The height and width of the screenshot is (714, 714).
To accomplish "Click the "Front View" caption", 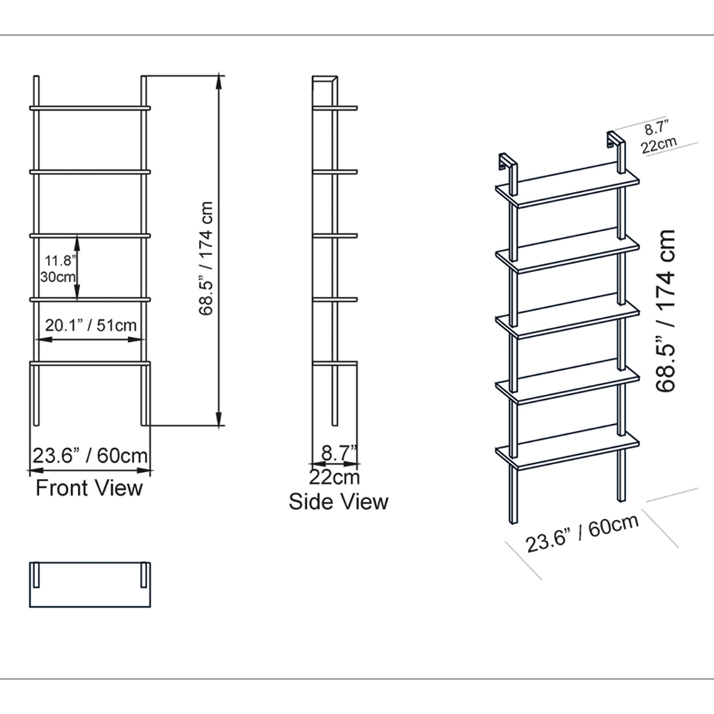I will pos(89,488).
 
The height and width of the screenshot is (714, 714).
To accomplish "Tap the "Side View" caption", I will pos(338,501).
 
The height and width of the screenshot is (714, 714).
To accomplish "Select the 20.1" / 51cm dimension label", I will pos(91,325).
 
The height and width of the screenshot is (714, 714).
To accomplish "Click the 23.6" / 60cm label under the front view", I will pos(90,455).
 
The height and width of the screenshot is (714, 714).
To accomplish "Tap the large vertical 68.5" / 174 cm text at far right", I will pos(667,311).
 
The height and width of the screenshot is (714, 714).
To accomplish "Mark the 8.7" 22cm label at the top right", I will pos(658,137).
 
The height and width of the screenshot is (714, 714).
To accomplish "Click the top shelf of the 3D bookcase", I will pos(568,189).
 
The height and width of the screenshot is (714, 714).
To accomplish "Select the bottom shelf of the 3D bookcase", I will pos(568,449).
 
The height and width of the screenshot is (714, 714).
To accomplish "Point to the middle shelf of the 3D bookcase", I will pos(568,319).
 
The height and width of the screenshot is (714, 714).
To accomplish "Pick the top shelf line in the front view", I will pos(90,109).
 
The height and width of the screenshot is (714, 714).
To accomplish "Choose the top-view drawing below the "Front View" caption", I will pos(90,585).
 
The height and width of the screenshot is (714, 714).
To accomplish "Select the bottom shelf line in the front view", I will pos(90,363).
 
